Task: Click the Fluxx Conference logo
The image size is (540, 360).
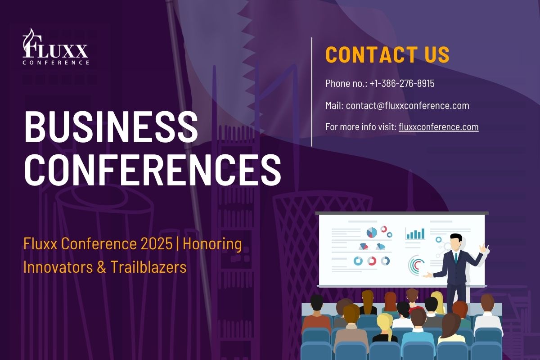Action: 55,46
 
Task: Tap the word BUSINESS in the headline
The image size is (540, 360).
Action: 111,127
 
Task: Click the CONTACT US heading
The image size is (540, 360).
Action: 387,54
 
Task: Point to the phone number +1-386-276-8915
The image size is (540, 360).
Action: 402,83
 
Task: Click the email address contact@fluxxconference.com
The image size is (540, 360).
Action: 408,105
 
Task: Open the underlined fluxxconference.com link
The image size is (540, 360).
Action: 438,127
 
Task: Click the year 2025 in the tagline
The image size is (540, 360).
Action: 157,243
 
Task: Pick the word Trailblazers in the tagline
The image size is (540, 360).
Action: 148,267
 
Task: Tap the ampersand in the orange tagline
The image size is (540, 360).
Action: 101,267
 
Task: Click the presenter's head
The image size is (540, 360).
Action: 456,241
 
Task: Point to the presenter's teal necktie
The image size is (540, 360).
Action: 456,258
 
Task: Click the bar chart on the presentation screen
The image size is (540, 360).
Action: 415,234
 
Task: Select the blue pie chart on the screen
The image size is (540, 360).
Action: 372,233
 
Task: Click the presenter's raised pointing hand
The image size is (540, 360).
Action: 483,248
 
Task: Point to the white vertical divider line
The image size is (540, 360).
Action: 312,92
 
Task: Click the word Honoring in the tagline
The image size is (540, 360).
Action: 212,244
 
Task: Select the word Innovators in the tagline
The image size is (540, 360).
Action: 58,267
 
